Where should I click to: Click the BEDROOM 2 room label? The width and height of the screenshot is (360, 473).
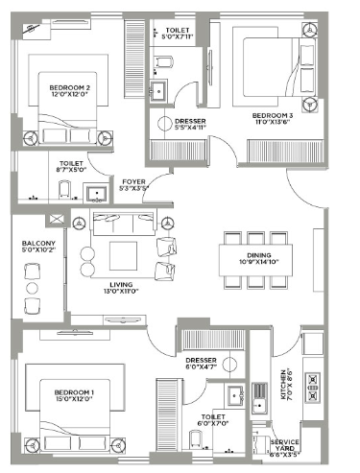pos(69,88)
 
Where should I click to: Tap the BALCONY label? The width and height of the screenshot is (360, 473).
pos(36,244)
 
